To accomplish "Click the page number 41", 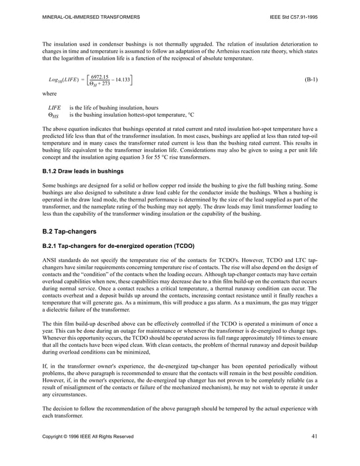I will coord(314,436).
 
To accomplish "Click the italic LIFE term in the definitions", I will coord(54,107).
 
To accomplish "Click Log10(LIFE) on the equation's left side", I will coord(64,80).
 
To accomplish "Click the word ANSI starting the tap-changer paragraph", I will coord(50,259).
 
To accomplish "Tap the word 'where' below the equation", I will coord(50,94).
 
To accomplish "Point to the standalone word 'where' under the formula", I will coord(50,94).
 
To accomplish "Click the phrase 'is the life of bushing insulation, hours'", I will coord(113,107).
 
